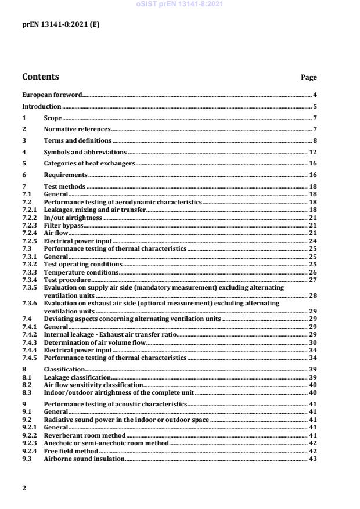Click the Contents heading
40,77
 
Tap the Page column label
308,77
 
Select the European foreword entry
52,94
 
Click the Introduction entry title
41,106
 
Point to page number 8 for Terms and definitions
314,140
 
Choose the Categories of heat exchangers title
89,164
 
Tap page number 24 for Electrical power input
312,240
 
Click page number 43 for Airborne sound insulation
312,459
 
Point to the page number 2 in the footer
24,488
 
